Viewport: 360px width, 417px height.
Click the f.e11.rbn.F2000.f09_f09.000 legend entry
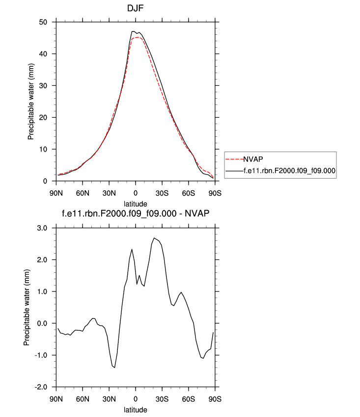click(x=288, y=170)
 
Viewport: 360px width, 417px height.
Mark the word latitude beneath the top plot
click(x=136, y=203)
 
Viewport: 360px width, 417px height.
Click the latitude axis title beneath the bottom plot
click(x=136, y=409)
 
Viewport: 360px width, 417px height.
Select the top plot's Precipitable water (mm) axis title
click(x=31, y=102)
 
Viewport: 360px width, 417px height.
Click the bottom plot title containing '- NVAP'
click(x=136, y=215)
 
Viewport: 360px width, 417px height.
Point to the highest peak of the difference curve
click(x=154, y=238)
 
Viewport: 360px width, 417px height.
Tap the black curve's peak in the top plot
click(x=133, y=31)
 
